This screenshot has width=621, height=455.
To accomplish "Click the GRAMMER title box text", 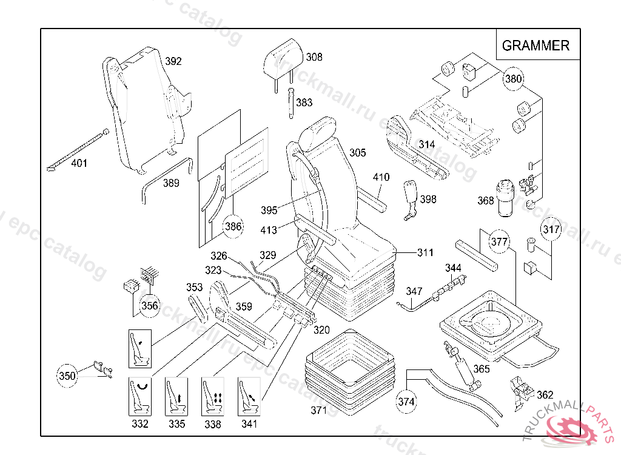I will pos(535,45).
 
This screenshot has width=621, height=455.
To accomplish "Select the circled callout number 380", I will pos(514,78).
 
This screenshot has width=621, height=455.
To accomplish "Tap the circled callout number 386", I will pos(233,227).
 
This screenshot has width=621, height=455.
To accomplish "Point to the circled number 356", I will pos(149,305).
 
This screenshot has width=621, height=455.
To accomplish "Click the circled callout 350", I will pos(67,376).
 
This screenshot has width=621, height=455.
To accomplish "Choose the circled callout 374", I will pos(407,401).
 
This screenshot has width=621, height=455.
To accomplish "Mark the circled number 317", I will pos(551,229).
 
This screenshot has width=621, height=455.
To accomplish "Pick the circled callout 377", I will pos(499,242).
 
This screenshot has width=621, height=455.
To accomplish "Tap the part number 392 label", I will pos(173,61).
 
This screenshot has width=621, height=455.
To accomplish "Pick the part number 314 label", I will pos(427,144).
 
